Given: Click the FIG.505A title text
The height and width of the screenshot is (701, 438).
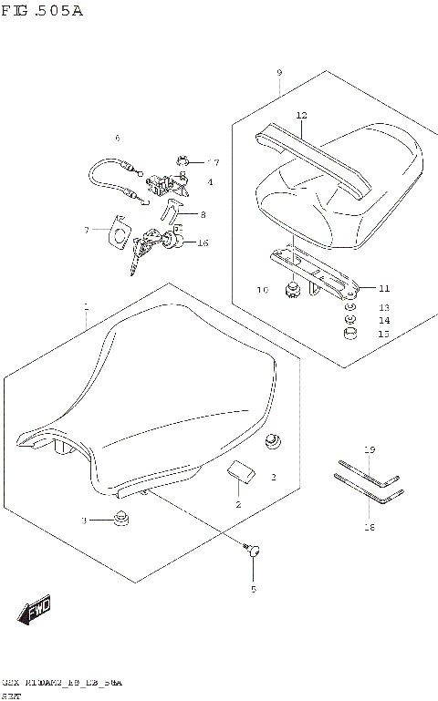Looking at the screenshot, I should (x=42, y=12).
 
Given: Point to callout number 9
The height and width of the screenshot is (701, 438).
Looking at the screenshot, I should (x=279, y=72).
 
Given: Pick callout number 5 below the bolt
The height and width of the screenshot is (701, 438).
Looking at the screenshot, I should (x=254, y=588).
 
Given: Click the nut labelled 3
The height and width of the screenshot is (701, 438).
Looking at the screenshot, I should (x=118, y=521).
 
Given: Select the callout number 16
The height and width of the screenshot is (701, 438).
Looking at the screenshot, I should (x=203, y=242).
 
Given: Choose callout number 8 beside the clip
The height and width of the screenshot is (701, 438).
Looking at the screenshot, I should (x=203, y=215).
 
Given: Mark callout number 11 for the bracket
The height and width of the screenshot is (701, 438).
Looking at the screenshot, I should (x=384, y=287).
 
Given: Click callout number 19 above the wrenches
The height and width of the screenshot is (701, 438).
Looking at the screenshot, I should (x=370, y=450).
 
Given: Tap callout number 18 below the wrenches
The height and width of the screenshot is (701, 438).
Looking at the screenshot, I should (x=370, y=527).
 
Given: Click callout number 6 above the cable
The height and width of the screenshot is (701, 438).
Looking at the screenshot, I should (x=117, y=138).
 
